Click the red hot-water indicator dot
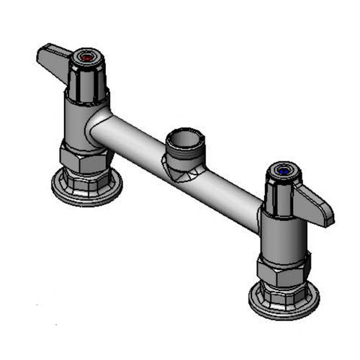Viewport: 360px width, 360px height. pos(89,55)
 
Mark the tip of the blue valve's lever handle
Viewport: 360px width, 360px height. pos(328,216)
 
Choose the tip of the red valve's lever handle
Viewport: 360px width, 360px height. pos(42,54)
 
